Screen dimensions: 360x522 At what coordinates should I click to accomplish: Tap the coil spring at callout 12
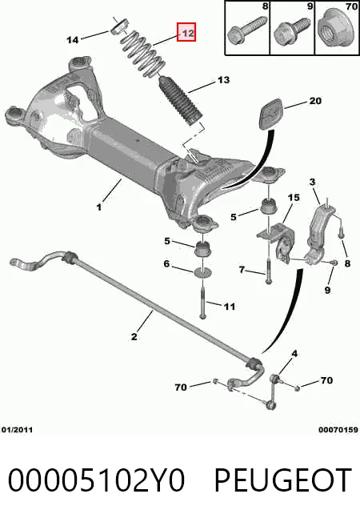pos(143,54)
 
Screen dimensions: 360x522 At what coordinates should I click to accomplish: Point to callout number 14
pos(73,40)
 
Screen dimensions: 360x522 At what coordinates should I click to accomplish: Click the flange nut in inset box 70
pos(337,31)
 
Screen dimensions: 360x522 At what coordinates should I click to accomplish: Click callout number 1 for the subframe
pos(99,207)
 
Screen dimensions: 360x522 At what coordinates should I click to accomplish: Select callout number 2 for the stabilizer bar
pos(134,337)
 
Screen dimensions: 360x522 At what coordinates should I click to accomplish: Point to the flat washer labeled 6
pos(203,272)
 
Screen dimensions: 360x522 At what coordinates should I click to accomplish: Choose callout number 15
pos(294,198)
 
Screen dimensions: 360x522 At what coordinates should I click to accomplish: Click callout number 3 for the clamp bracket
pos(312,182)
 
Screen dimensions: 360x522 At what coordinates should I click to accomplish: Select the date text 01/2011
pos(18,430)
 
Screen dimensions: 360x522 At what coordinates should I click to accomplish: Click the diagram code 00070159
pos(338,430)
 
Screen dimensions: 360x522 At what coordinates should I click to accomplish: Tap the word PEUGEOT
pos(283,480)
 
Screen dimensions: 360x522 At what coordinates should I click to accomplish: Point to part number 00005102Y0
pos(97,480)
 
